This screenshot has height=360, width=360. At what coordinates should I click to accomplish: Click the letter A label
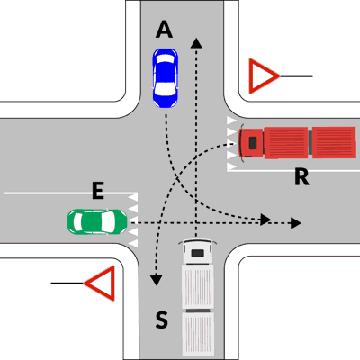tap(164, 31)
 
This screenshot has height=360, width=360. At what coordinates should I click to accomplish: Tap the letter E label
tap(98, 192)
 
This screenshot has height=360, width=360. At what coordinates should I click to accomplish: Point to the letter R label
tap(301, 177)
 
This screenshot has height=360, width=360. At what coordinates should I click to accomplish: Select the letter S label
tap(161, 319)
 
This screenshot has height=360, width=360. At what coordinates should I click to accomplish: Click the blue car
tap(166, 78)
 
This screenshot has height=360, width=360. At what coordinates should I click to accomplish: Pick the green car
tap(97, 221)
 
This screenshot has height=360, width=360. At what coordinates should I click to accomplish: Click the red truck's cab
tap(251, 143)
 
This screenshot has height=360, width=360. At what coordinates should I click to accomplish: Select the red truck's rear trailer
tap(334, 142)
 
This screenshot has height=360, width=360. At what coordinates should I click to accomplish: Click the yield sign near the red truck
tap(264, 76)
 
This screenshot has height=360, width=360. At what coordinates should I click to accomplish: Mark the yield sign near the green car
tap(100, 283)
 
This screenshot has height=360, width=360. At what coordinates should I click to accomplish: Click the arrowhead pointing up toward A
tap(196, 43)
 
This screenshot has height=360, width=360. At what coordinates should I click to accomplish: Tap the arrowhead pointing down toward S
tap(156, 280)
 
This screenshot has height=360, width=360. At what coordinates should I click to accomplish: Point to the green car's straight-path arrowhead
tap(296, 223)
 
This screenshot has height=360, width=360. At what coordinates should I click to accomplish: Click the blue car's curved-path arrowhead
tap(265, 220)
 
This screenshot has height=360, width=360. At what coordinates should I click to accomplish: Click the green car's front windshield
tap(109, 221)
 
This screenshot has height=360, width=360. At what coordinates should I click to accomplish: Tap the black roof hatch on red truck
tap(253, 143)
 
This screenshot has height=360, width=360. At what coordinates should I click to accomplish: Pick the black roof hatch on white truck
tap(197, 254)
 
